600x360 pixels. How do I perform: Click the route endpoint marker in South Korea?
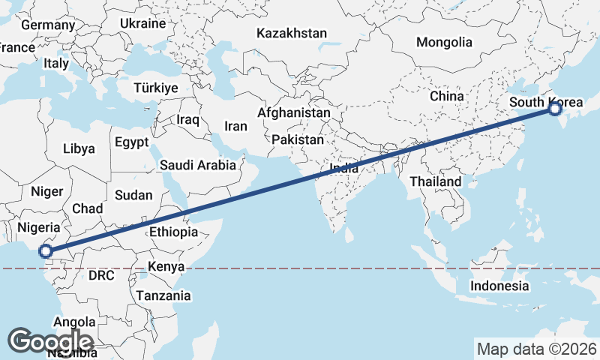point(554,109)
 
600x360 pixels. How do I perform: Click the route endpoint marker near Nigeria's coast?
point(46,251)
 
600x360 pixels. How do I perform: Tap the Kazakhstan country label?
point(292,33)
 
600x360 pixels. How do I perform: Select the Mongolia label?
point(445,43)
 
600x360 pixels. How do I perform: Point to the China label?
point(447,96)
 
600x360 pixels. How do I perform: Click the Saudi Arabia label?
point(198,164)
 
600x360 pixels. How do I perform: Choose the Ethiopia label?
point(173,232)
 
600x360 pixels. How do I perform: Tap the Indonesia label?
point(499,286)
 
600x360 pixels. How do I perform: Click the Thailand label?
point(436,182)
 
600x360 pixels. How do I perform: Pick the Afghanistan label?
point(293,113)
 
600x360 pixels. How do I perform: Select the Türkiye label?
point(155,88)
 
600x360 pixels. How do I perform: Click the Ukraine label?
point(142,23)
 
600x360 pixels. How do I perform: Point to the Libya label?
point(79,148)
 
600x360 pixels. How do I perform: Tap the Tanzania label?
point(163,295)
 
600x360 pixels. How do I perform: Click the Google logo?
point(50,341)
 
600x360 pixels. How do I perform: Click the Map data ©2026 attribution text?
point(537,349)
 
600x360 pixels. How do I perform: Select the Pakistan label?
point(298,139)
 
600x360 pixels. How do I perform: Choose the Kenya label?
point(166,266)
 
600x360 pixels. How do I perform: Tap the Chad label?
point(87,208)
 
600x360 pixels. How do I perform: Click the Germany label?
point(48,25)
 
